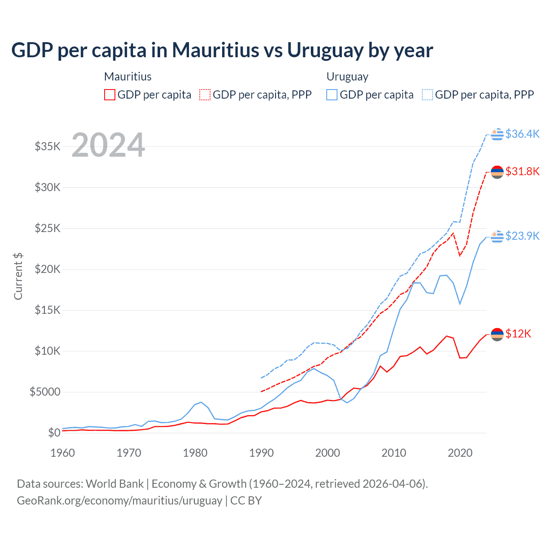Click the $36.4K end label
tap(522, 134)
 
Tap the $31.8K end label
tap(522, 171)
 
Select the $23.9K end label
tap(522, 236)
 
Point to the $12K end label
tap(518, 334)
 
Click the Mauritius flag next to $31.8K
tap(497, 172)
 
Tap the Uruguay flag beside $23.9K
tap(497, 236)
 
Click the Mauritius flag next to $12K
tap(497, 334)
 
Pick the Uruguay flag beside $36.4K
tap(497, 134)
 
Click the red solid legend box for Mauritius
tap(110, 95)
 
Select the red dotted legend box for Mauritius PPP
tap(205, 95)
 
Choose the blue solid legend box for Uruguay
tap(332, 95)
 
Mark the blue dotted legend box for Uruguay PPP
tap(427, 95)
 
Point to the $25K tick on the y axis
tap(47, 228)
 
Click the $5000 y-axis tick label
tap(45, 392)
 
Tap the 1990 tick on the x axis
tap(261, 453)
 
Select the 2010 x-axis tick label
tap(394, 453)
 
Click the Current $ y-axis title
tap(18, 276)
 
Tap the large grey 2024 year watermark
tap(108, 145)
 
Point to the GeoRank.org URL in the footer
tap(119, 501)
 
